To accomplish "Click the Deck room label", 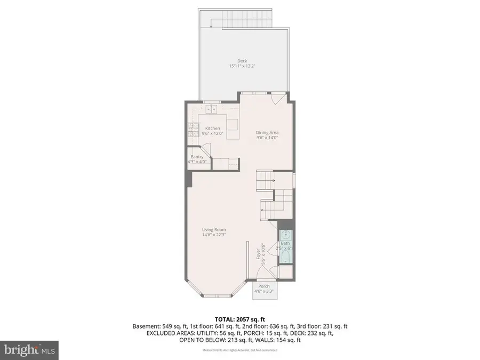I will [242, 61].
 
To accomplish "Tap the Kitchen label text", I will [213, 128].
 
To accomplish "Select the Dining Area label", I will [267, 132].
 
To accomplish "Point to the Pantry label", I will [197, 157].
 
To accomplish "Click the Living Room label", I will [213, 230].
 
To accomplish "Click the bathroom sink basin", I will [285, 235].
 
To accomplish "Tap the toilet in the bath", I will [285, 258].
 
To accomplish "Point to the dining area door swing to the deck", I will [277, 100].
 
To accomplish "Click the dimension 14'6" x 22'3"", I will [213, 235].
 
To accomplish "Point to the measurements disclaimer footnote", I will [239, 350].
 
